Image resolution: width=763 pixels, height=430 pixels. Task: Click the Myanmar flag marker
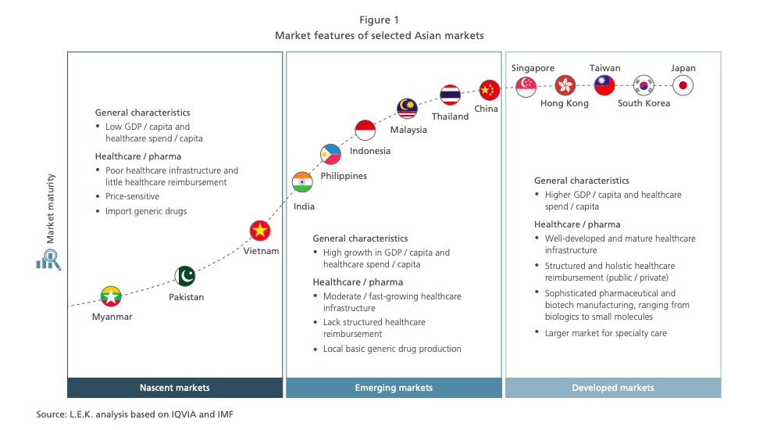(111, 296)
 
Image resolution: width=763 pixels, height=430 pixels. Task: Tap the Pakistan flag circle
(185, 276)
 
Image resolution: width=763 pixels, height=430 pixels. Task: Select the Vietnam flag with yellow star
(260, 231)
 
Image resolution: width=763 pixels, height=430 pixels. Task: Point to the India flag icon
(302, 182)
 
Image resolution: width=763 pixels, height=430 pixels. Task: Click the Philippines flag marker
(330, 154)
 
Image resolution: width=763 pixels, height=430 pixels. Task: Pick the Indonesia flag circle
(365, 130)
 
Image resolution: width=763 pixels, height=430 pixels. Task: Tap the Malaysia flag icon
(407, 108)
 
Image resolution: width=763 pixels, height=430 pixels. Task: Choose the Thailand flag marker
(450, 95)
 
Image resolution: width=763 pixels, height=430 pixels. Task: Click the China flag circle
(489, 90)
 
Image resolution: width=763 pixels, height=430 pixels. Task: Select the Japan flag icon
(683, 86)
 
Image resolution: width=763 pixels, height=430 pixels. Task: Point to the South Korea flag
(644, 86)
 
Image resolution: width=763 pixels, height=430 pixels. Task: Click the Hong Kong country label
(565, 103)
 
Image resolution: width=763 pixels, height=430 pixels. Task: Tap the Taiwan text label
(604, 68)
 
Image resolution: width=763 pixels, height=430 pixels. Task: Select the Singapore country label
(533, 68)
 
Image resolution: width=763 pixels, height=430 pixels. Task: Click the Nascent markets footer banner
(175, 388)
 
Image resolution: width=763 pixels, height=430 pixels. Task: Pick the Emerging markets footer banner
(394, 388)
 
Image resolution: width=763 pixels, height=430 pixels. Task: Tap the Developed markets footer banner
(613, 388)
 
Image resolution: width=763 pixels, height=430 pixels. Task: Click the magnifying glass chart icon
(48, 260)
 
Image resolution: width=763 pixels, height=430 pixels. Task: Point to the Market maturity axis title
(50, 209)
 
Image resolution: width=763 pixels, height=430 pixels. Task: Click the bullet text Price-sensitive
(132, 196)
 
